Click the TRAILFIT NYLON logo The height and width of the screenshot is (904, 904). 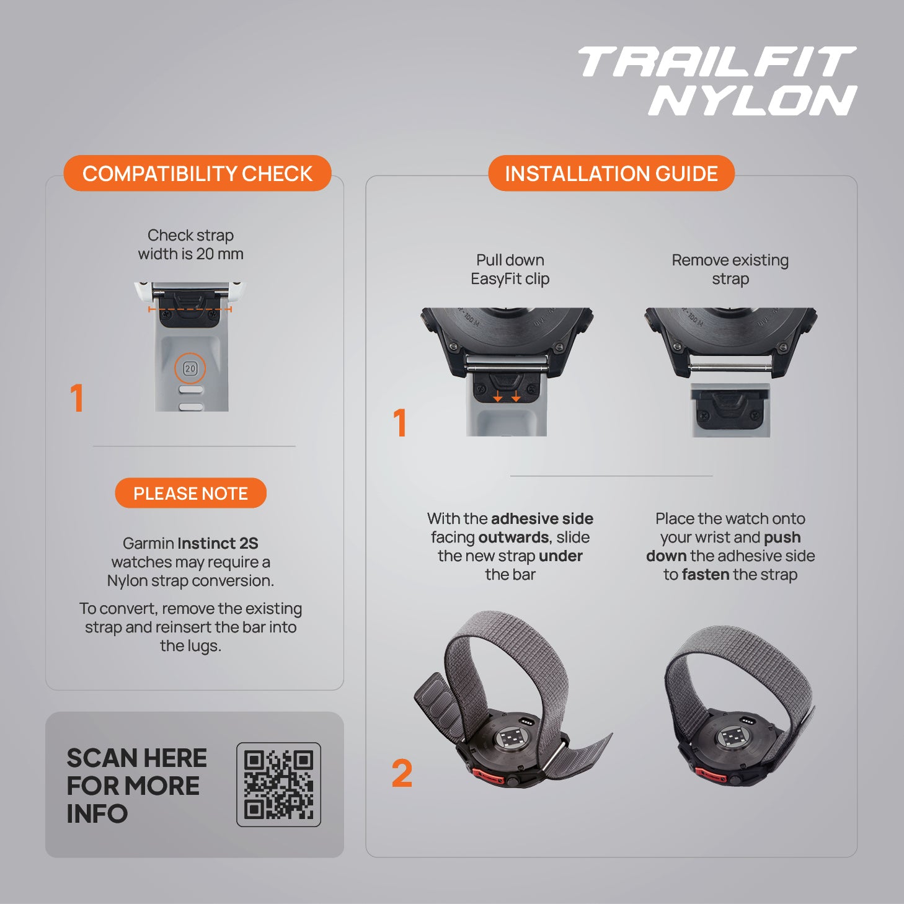(717, 81)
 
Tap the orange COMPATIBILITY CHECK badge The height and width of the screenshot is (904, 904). (198, 173)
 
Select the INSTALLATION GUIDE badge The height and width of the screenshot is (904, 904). (611, 173)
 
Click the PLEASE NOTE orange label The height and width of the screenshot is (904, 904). (190, 493)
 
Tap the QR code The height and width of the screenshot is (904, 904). (278, 784)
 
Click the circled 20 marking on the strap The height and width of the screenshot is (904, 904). (190, 368)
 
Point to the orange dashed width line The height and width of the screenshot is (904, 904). (190, 309)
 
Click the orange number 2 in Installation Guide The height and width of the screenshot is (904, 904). (402, 773)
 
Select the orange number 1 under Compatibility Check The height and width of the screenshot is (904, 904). (77, 398)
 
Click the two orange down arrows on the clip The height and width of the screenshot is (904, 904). (507, 396)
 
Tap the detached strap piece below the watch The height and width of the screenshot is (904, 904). (730, 410)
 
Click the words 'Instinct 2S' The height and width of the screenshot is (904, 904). (218, 543)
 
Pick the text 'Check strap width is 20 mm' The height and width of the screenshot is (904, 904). (190, 244)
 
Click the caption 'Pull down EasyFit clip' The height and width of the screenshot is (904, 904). (510, 269)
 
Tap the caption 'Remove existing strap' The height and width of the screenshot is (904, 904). (730, 269)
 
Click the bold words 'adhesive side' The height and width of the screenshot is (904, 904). (542, 518)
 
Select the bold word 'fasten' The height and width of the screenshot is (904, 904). (706, 575)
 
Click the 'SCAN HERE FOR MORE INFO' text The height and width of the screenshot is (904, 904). (136, 786)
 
